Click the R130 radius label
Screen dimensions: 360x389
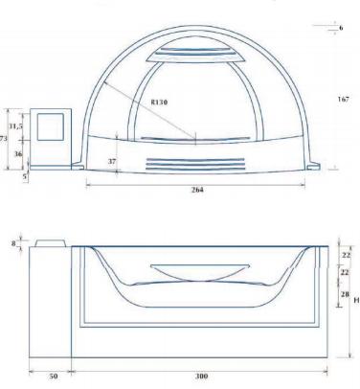click(159, 103)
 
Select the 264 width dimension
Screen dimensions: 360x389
click(197, 190)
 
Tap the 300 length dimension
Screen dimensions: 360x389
click(201, 376)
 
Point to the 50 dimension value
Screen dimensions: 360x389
click(54, 376)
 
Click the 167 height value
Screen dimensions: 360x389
click(344, 100)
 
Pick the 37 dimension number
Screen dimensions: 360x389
click(112, 161)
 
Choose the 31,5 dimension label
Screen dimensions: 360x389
click(15, 126)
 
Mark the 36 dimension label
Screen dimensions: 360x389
click(18, 153)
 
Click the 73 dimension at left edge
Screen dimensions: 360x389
click(4, 139)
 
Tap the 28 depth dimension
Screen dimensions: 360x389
click(345, 294)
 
